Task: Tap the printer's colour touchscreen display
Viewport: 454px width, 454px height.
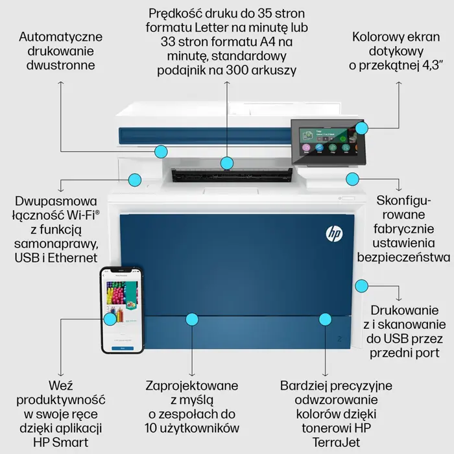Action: [322, 141]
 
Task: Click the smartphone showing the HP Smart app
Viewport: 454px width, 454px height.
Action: [122, 310]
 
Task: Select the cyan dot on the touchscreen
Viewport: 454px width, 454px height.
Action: [361, 128]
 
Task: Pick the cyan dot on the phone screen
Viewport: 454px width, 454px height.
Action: [110, 318]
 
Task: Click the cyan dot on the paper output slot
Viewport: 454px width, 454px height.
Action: [226, 163]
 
